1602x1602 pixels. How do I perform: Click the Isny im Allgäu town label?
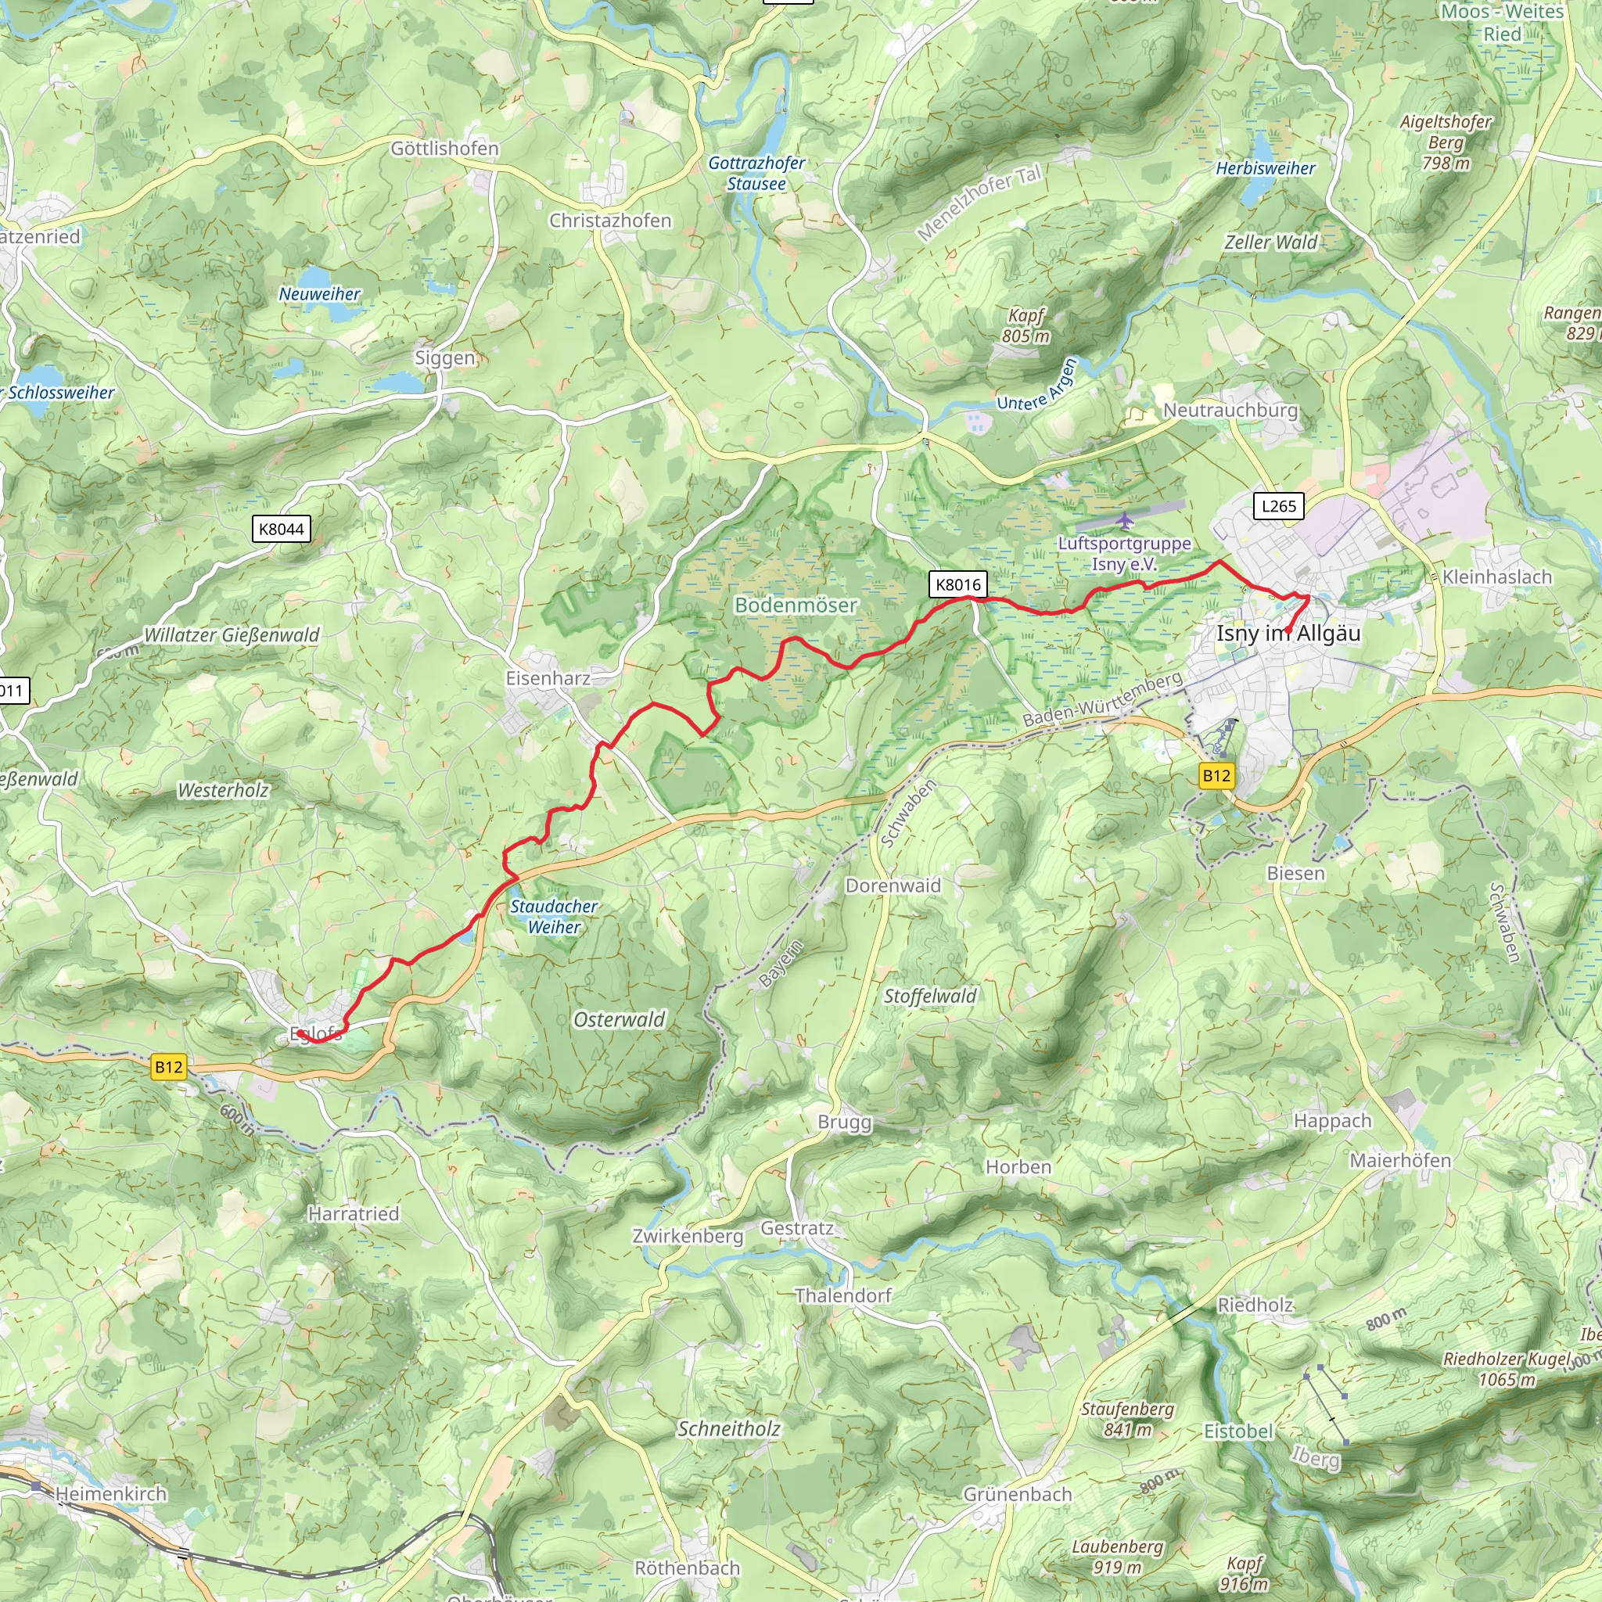1288,634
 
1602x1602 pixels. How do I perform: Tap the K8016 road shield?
957,584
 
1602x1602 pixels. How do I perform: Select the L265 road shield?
1278,506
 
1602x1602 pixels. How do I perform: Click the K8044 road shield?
281,529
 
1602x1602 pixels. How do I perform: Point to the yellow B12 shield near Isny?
1216,775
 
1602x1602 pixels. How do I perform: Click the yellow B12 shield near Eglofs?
168,1067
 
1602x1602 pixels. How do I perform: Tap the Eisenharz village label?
548,678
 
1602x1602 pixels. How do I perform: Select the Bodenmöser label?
796,605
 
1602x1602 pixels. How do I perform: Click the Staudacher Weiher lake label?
554,916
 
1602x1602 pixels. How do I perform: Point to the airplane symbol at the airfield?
1124,521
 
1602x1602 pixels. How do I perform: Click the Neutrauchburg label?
1230,411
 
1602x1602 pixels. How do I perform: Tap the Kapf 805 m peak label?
1025,326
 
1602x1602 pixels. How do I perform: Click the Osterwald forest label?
620,1020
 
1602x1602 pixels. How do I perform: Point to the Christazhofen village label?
610,221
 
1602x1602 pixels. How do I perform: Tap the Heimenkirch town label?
111,1493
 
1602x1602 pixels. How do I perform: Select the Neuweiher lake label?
319,294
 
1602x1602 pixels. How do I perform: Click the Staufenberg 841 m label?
1127,1419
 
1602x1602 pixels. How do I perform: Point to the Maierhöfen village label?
1400,1160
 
